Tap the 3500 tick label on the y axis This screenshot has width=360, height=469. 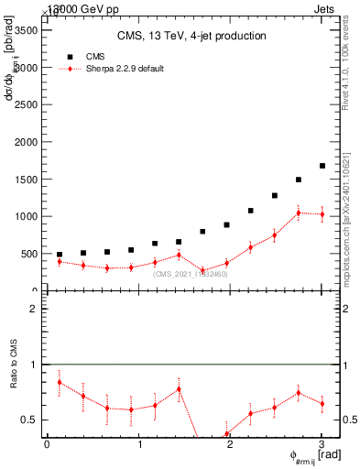click(27, 30)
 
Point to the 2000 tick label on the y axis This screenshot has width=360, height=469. click(27, 142)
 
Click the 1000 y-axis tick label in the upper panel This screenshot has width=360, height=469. click(27, 217)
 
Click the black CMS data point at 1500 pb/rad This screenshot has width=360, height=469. click(299, 180)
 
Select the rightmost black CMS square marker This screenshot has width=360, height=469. click(322, 166)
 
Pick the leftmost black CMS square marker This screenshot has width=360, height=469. click(60, 255)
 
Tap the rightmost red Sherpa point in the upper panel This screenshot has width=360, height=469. click(322, 214)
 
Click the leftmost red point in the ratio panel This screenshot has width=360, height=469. click(60, 382)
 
